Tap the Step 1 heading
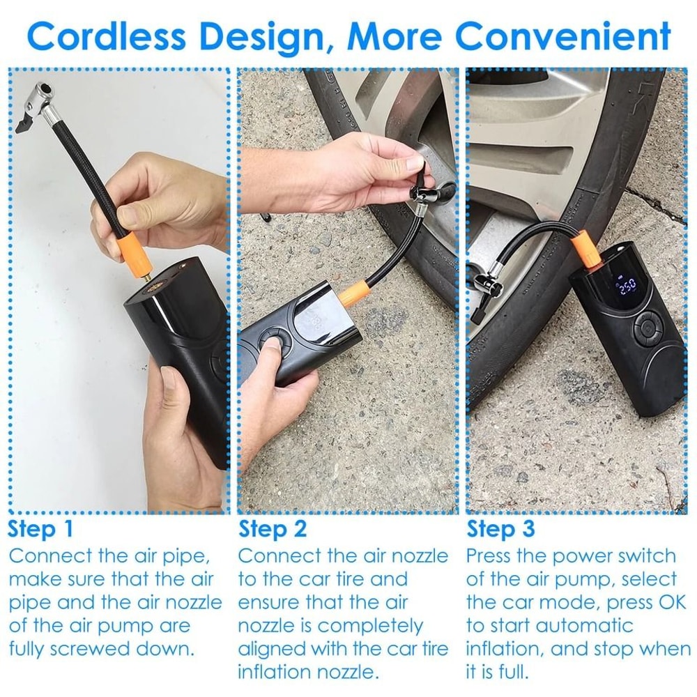pyautogui.click(x=40, y=528)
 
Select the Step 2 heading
pyautogui.click(x=273, y=528)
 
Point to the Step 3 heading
pyautogui.click(x=500, y=528)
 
